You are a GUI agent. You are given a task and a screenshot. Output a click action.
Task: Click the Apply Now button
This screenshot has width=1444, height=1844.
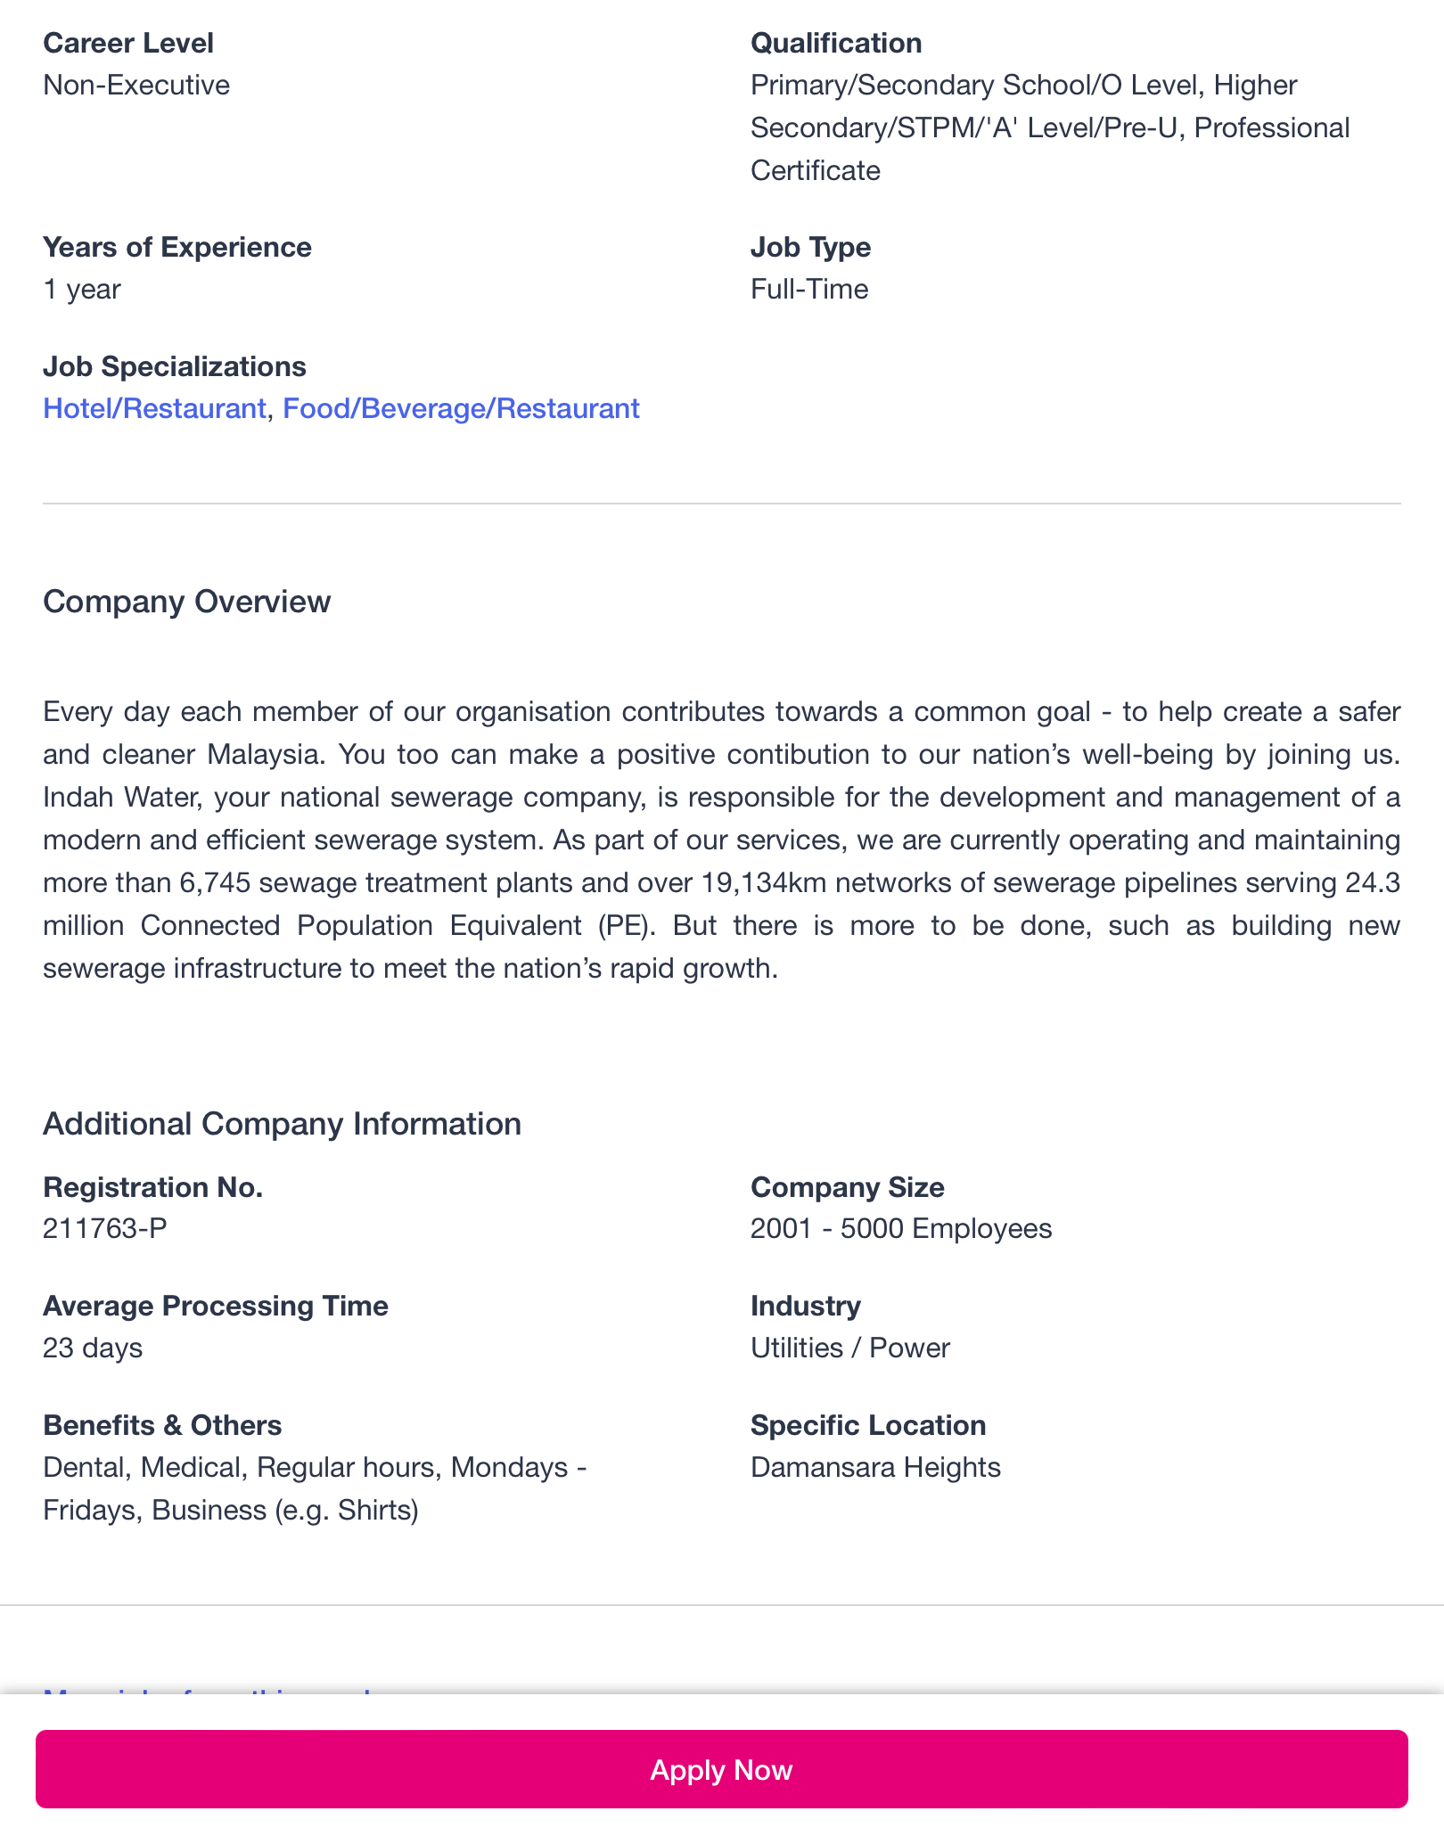[721, 1769]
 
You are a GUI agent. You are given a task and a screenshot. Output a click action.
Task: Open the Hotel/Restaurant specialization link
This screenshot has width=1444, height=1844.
[154, 408]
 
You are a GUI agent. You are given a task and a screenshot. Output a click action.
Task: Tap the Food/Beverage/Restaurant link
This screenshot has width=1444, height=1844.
[461, 408]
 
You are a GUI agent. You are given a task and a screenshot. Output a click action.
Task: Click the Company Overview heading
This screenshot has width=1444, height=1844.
[186, 602]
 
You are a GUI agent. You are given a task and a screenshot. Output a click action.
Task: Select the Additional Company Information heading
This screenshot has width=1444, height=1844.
[282, 1124]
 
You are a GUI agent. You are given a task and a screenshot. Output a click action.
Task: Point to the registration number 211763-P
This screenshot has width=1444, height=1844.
[105, 1228]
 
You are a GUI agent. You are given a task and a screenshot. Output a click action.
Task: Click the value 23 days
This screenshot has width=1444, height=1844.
[93, 1347]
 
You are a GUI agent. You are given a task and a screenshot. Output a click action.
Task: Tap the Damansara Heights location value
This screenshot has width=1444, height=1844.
[875, 1466]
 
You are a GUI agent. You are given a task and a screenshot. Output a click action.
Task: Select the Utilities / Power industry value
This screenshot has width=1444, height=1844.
[850, 1347]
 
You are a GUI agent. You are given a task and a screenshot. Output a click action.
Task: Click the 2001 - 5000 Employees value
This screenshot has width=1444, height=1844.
[901, 1228]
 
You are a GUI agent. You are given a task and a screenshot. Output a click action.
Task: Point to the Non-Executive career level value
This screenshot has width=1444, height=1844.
[136, 85]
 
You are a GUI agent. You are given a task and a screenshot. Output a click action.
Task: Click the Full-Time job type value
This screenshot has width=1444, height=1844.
[809, 289]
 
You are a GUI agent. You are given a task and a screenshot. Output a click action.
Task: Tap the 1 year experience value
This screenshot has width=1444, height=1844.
[82, 289]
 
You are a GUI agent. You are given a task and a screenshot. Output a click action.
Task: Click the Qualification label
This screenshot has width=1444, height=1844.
[836, 43]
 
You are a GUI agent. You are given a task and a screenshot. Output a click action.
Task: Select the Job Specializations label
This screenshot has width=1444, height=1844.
[175, 366]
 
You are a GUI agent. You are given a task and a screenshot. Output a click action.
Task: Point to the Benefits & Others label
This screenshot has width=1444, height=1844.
[162, 1425]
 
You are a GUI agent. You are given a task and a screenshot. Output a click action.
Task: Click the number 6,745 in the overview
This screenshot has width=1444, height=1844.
[215, 882]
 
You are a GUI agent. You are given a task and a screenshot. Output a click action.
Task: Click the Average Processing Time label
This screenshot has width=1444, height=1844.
[216, 1306]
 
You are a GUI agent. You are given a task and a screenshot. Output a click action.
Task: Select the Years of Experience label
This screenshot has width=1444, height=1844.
[177, 247]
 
